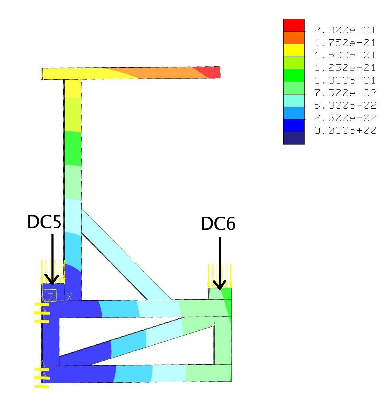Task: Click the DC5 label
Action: point(44,222)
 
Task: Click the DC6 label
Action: point(218,224)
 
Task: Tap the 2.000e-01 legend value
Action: point(345,30)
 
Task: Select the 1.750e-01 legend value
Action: point(345,43)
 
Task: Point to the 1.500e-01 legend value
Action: point(345,55)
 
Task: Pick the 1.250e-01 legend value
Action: point(345,68)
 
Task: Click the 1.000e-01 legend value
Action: point(345,80)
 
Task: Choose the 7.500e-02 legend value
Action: point(345,93)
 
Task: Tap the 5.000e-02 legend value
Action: point(345,105)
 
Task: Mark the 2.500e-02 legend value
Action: point(345,118)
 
